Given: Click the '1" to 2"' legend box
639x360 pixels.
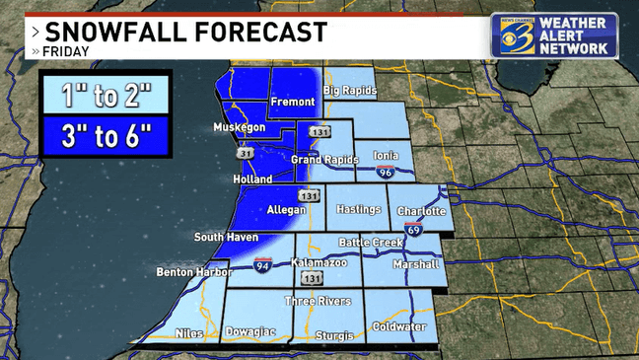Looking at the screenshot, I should (106, 96).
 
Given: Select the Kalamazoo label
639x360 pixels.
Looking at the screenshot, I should (320, 263).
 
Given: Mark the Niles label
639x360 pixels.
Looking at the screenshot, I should (189, 333).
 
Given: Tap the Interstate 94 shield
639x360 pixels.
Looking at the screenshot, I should (261, 266).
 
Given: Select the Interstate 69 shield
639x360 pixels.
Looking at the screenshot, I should (413, 230).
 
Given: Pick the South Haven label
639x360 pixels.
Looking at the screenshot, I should (226, 237).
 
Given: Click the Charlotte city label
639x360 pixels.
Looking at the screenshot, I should (422, 211).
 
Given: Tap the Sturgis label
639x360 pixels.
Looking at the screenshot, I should (333, 335).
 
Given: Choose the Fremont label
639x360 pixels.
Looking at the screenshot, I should (294, 102).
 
